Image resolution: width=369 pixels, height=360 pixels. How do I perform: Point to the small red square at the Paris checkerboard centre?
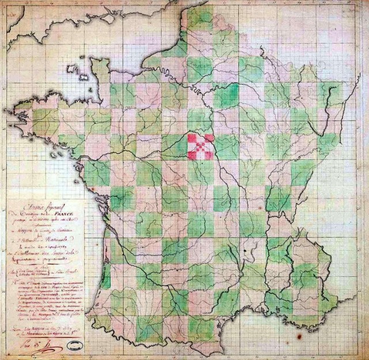[x=201, y=146]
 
